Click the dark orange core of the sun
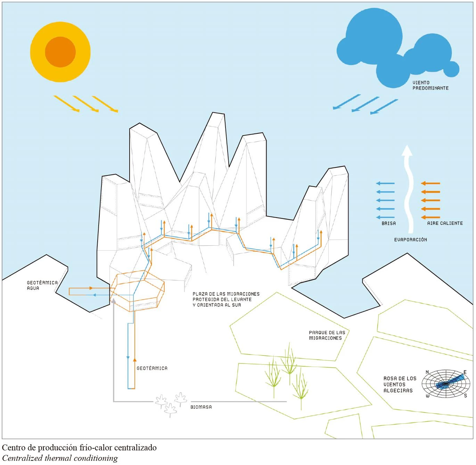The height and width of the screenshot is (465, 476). (x=60, y=52)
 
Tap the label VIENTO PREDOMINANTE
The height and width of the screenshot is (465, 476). (x=430, y=85)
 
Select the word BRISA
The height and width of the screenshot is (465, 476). (x=388, y=223)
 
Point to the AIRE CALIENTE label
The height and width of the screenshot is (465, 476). (x=445, y=223)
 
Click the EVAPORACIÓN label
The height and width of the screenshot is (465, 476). (x=410, y=239)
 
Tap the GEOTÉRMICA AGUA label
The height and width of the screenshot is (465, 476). (x=42, y=285)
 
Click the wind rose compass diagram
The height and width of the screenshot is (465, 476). (x=446, y=384)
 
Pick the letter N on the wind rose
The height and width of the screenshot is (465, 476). (x=427, y=372)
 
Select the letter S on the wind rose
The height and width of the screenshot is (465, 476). (x=465, y=395)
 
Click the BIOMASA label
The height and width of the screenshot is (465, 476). (x=201, y=407)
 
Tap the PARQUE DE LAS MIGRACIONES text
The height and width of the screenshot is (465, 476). (x=327, y=335)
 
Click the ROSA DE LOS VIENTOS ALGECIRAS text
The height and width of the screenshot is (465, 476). (x=400, y=384)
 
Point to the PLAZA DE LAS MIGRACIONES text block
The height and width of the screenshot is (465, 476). (x=226, y=299)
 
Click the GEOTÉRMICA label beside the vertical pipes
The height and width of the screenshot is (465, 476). (x=152, y=368)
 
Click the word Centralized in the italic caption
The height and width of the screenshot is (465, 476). (x=22, y=458)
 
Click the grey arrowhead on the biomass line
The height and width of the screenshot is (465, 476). (x=113, y=301)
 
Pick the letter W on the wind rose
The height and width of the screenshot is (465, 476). (x=427, y=396)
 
